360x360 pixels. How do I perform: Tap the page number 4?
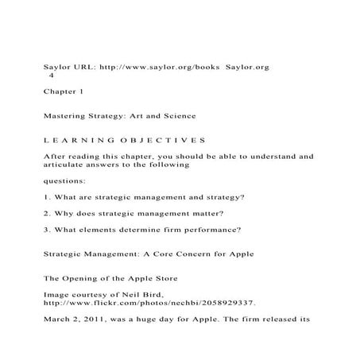(x=51, y=77)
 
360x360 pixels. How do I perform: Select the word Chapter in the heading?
(x=60, y=93)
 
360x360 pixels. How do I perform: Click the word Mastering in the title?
(x=68, y=117)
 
